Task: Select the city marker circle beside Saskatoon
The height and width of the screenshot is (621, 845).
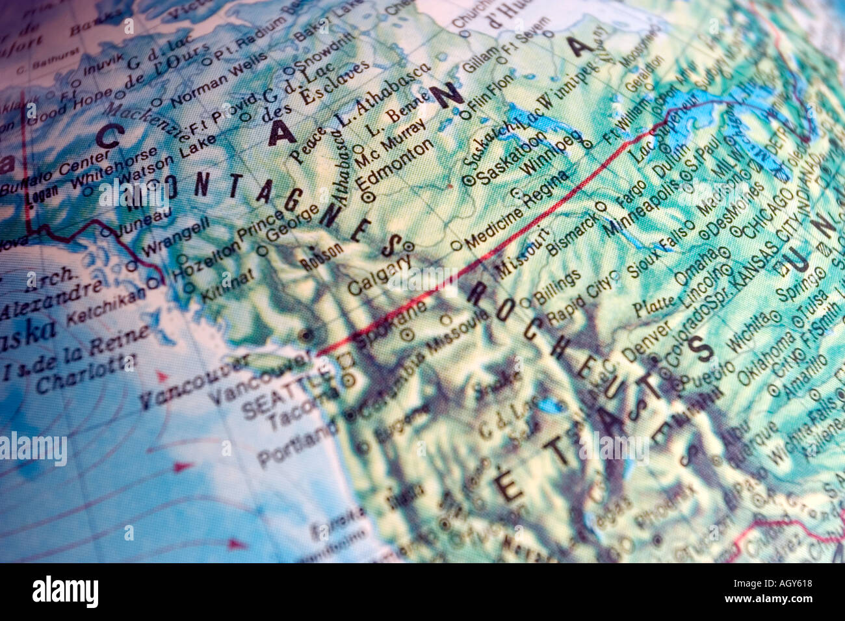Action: click(x=469, y=181)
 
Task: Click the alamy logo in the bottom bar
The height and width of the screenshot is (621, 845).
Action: click(x=66, y=592)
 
